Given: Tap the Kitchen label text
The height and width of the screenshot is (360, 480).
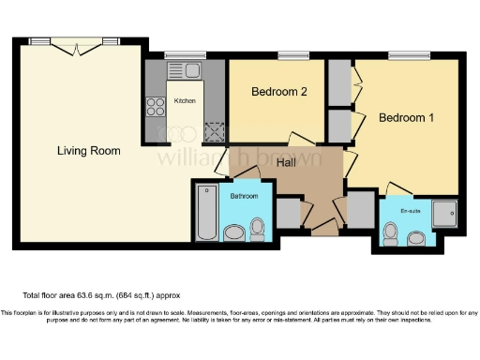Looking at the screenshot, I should pyautogui.click(x=185, y=100).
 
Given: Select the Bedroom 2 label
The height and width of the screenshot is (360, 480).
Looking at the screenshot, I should pyautogui.click(x=279, y=92).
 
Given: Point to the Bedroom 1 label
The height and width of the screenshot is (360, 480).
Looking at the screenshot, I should pyautogui.click(x=406, y=119).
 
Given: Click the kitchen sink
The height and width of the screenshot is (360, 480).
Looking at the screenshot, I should pyautogui.click(x=185, y=69).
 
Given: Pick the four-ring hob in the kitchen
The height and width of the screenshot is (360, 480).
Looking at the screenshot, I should pyautogui.click(x=155, y=109).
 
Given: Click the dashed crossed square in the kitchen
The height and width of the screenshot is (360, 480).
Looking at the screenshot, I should pyautogui.click(x=214, y=130).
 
